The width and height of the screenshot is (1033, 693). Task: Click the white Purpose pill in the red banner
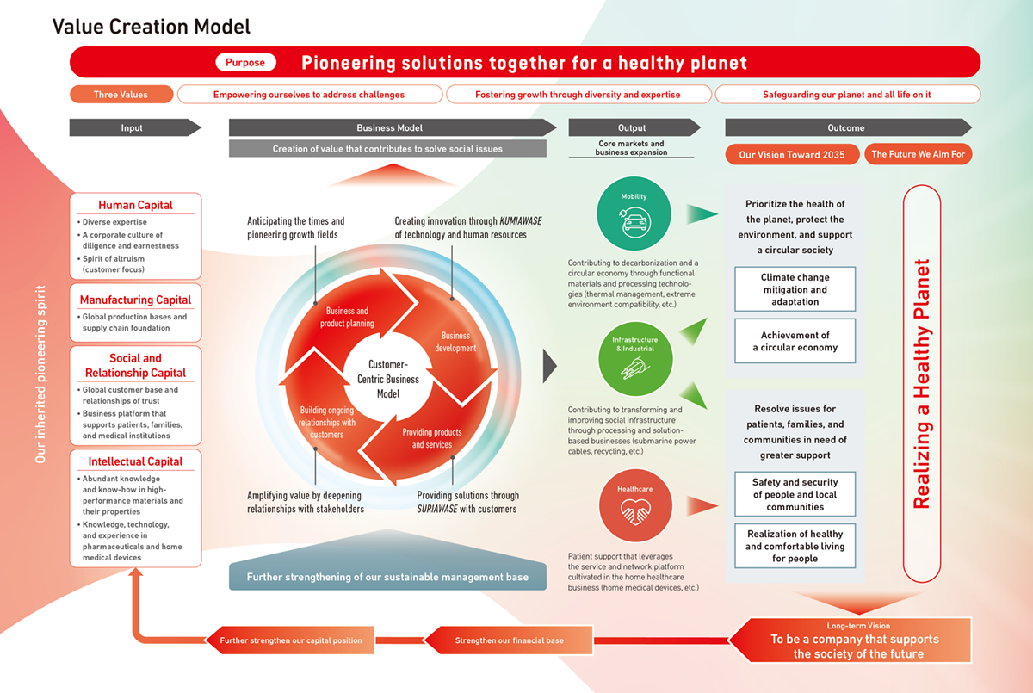(x=245, y=62)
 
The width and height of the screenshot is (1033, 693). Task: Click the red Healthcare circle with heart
(x=634, y=505)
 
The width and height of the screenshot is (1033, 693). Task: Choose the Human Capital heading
(x=135, y=205)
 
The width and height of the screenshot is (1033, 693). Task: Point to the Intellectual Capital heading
(x=135, y=461)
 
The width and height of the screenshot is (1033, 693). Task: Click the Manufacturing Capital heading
(x=135, y=300)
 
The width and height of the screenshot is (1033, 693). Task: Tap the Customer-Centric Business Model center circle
(x=387, y=379)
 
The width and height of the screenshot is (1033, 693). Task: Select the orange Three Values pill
(x=121, y=95)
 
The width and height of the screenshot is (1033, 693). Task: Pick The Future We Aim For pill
(x=918, y=155)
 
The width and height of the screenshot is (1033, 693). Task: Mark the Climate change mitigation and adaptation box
(x=795, y=289)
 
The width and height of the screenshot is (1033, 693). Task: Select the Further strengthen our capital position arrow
(x=290, y=640)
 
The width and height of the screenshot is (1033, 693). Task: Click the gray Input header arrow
(x=133, y=127)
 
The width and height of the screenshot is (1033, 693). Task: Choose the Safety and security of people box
(x=795, y=494)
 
